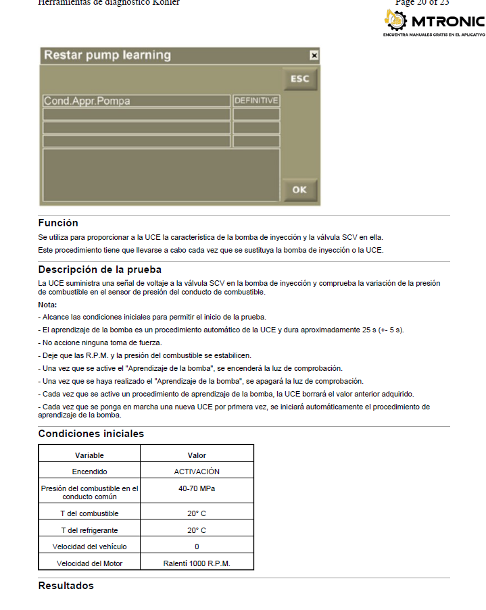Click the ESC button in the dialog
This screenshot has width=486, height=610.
299,79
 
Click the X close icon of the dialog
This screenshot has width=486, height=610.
314,55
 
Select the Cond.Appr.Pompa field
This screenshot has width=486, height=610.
136,101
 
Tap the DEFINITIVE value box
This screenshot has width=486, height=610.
256,101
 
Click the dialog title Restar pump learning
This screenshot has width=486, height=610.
107,55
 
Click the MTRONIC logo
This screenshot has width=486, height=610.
433,23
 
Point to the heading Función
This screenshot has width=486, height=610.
58,223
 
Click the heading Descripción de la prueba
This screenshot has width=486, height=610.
99,270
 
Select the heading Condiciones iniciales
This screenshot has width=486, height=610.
91,434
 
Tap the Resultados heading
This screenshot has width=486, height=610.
66,586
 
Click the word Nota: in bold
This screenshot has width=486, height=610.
47,305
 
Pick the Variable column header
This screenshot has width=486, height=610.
89,455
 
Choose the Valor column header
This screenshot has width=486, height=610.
197,455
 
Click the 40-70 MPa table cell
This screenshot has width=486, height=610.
197,488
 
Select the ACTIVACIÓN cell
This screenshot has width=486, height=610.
197,472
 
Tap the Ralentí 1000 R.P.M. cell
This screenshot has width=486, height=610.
197,563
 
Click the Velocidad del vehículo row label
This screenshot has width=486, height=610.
89,547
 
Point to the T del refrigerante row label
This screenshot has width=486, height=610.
89,530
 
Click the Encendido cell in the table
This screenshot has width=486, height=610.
89,472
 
